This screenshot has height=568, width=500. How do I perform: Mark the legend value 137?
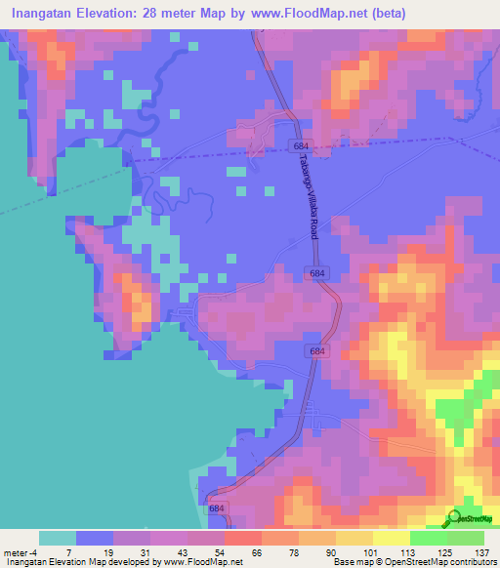click(x=482, y=551)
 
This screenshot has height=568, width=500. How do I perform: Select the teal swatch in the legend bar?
click(x=58, y=538)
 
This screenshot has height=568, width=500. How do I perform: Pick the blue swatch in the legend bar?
click(x=95, y=538)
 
